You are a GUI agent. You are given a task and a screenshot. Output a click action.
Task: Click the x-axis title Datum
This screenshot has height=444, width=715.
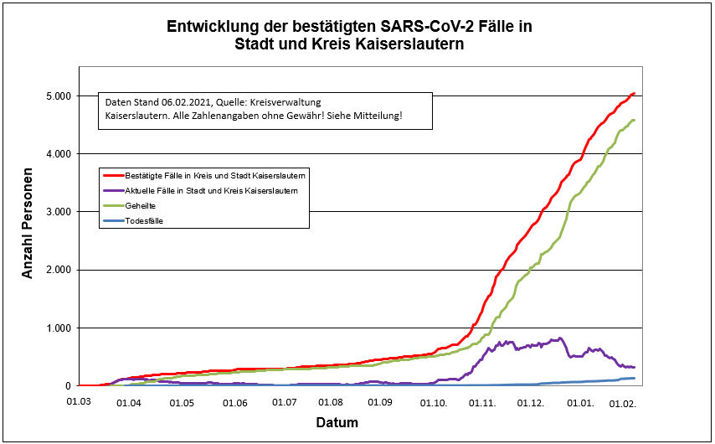point(337,422)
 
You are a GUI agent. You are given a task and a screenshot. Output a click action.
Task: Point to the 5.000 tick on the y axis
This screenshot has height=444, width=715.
point(57,96)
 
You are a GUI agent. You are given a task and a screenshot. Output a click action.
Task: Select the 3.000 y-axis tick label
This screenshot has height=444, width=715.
point(57,212)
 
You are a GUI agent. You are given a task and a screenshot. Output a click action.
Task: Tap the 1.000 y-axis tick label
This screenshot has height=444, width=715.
point(57,328)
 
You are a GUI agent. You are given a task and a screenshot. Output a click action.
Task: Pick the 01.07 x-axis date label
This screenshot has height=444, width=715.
point(286,403)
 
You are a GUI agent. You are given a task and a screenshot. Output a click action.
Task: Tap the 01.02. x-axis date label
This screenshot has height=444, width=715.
point(625,403)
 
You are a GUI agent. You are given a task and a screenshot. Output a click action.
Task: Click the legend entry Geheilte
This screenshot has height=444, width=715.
point(140,205)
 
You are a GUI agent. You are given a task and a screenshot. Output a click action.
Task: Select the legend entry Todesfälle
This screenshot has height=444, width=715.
point(144,221)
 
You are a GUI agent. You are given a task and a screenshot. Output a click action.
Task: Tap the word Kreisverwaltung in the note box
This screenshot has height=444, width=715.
point(297,101)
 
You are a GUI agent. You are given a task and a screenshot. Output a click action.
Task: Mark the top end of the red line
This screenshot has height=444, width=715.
point(635,93)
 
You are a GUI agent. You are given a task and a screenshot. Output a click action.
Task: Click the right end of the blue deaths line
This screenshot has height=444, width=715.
point(635,379)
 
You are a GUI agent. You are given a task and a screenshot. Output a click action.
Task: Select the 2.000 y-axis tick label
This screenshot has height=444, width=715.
point(57,270)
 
